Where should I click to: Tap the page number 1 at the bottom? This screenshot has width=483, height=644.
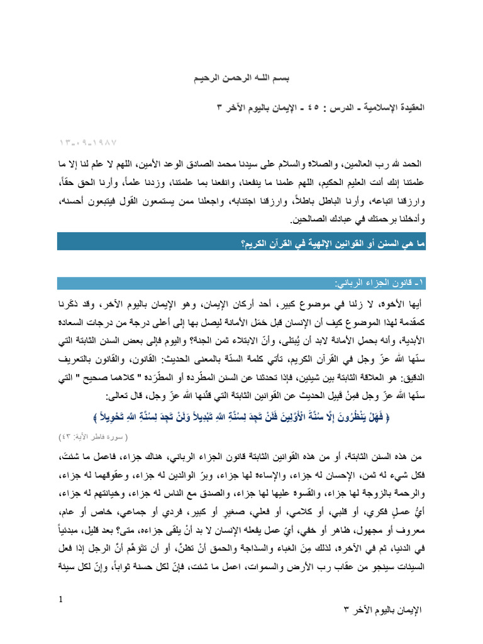click(60, 598)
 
